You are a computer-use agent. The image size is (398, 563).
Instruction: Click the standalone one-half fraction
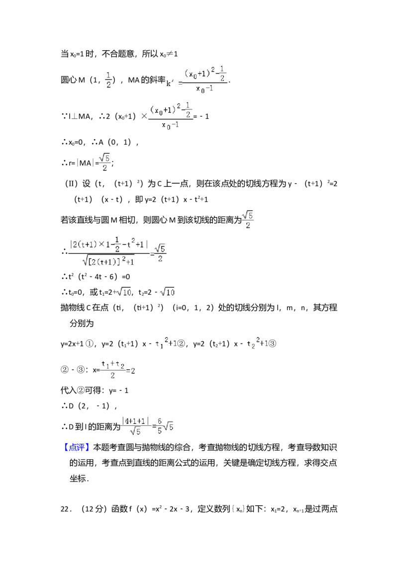tap(109, 80)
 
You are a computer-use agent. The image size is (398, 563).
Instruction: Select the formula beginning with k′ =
tap(197, 80)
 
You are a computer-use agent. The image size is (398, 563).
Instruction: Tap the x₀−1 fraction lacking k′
tap(171, 117)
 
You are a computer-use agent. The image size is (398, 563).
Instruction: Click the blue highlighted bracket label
tap(77, 447)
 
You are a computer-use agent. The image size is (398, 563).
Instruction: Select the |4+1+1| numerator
tap(135, 420)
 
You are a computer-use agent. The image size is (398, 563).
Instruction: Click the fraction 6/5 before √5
tap(160, 425)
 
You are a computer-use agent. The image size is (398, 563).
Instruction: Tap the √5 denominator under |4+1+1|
tap(135, 432)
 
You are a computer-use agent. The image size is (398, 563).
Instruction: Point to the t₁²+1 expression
tap(165, 344)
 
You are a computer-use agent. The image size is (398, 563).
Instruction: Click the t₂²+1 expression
tap(256, 344)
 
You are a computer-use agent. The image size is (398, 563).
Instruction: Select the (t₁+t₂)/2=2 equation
tap(117, 370)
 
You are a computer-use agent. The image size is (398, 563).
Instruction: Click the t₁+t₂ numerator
tap(112, 364)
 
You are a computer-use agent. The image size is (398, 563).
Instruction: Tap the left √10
tap(123, 293)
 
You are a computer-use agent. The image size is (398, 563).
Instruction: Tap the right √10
tap(167, 293)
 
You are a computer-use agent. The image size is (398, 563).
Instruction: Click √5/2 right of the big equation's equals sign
tap(160, 253)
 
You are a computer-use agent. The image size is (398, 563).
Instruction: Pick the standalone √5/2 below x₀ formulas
tap(104, 163)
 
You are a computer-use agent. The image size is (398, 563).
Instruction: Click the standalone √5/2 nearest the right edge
tap(247, 219)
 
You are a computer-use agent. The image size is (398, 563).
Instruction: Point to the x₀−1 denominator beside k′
tap(204, 89)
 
